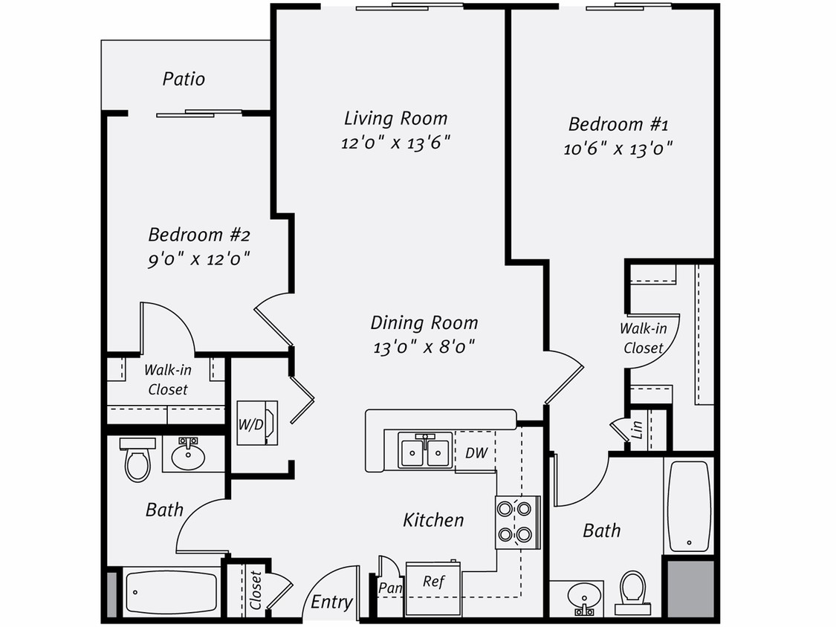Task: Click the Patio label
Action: [184, 79]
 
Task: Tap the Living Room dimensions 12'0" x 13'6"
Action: [396, 143]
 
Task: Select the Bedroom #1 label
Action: [618, 124]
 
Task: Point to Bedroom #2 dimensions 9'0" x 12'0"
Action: [198, 259]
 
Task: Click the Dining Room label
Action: [424, 323]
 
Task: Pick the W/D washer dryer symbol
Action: [257, 423]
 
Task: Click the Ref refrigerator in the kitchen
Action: [433, 582]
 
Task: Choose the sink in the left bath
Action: [188, 455]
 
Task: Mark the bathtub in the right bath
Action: [689, 507]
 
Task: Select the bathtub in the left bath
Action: [172, 592]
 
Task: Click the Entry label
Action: [331, 602]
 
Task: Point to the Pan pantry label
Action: [390, 588]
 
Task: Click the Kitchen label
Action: [433, 520]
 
